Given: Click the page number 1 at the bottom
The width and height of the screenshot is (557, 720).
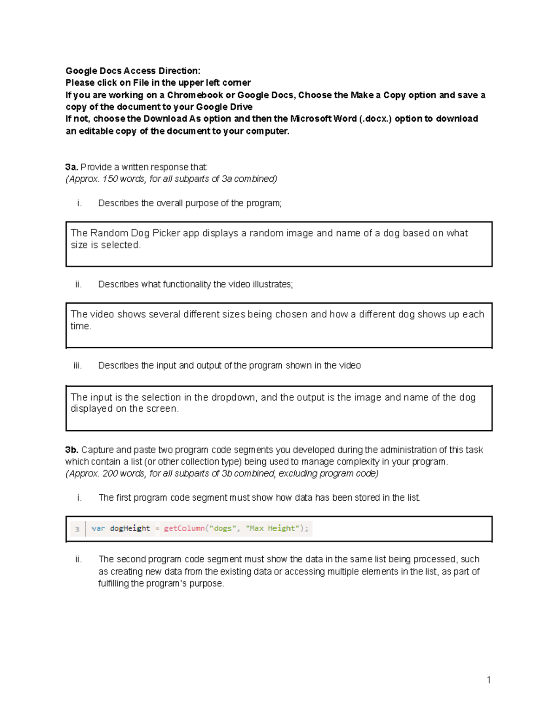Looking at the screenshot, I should pos(489,680).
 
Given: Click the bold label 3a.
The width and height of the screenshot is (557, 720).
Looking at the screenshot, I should pos(71,167).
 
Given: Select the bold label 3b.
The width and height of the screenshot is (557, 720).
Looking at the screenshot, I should pos(72,450).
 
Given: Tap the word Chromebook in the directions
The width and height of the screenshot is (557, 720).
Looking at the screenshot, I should pos(195,95).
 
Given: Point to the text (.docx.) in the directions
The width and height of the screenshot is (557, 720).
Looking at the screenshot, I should pos(376,119).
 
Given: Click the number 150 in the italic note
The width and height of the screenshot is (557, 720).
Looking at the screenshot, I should pos(110,179).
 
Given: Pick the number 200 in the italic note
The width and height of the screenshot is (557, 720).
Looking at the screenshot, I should pos(110,473).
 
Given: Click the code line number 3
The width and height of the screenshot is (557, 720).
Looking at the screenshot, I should pos(77,529).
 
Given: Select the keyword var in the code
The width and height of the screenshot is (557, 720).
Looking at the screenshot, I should pos(98,529).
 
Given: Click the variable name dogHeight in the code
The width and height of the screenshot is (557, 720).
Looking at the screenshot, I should pos(130,529).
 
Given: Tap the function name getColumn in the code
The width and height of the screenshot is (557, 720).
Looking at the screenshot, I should pos(184,529).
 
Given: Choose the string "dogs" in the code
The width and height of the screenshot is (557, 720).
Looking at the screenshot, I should pos(222,529).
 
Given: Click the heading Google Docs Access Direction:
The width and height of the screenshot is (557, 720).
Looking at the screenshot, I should pos(133,71).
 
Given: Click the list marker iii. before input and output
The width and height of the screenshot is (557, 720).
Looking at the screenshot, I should pos(78,366).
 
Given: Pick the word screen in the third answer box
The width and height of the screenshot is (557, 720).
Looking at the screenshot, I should pos(162,408).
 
